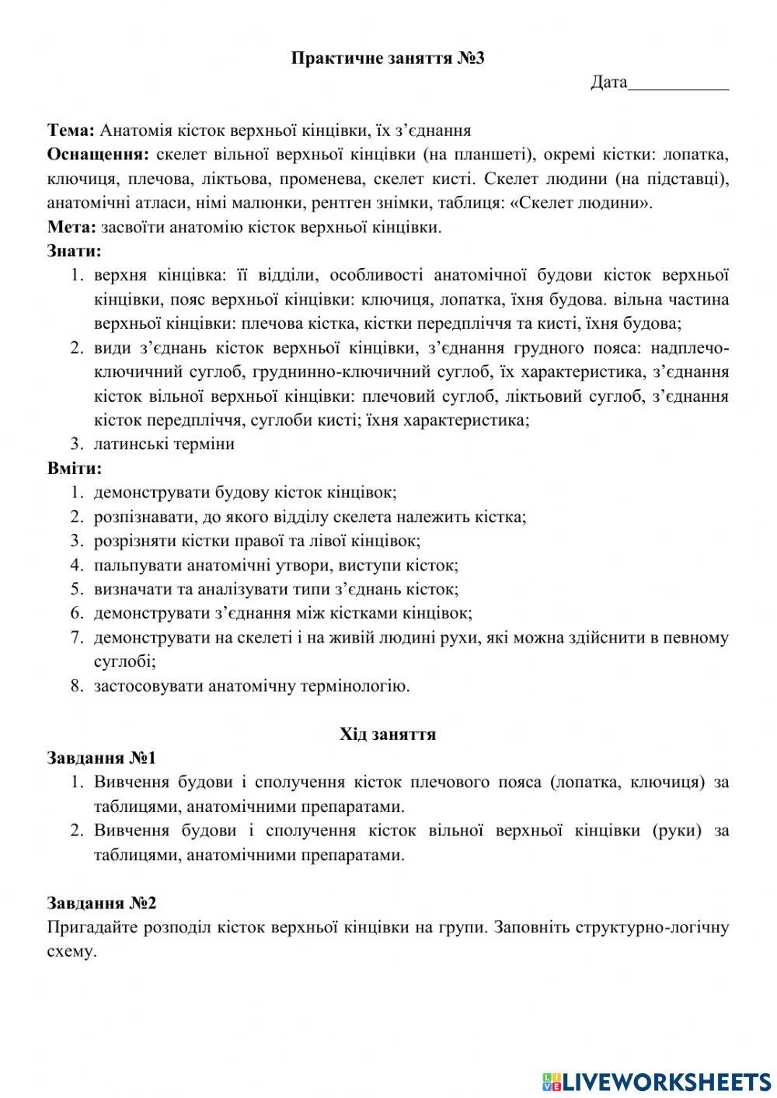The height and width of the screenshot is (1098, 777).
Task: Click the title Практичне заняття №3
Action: [x=388, y=58]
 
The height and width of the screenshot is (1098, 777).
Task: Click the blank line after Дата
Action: [x=678, y=83]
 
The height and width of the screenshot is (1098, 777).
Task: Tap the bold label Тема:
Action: [x=71, y=131]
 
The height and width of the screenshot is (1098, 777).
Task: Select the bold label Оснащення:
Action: [x=97, y=155]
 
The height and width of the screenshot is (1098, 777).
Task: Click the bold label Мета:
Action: [x=71, y=228]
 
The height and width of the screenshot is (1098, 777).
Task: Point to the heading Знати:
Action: [x=74, y=252]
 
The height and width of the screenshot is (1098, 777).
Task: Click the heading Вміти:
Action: [x=74, y=469]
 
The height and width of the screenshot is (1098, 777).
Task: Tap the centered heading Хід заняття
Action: [x=388, y=734]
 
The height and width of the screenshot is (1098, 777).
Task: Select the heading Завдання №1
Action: [x=102, y=758]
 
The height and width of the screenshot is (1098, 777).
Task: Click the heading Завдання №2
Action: [x=102, y=903]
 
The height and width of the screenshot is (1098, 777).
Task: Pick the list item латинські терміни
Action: [x=164, y=444]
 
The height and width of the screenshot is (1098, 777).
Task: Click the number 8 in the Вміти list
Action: [x=76, y=686]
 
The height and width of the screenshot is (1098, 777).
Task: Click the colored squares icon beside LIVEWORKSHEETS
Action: [x=551, y=1080]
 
